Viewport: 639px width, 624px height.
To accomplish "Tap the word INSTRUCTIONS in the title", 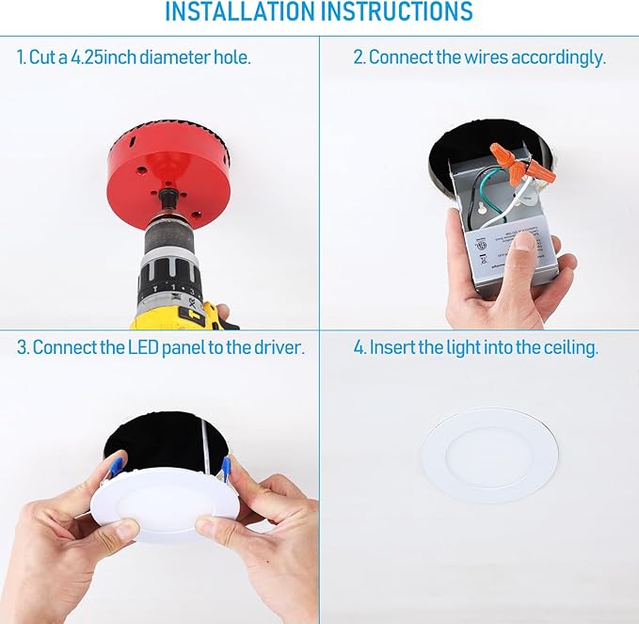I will pyautogui.click(x=395, y=13).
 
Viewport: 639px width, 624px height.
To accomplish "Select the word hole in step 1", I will pyautogui.click(x=234, y=57).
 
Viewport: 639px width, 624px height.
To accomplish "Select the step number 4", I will pyautogui.click(x=359, y=348).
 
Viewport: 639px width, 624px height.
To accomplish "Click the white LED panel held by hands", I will pyautogui.click(x=166, y=499).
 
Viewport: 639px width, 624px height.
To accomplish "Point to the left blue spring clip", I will pyautogui.click(x=116, y=466).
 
